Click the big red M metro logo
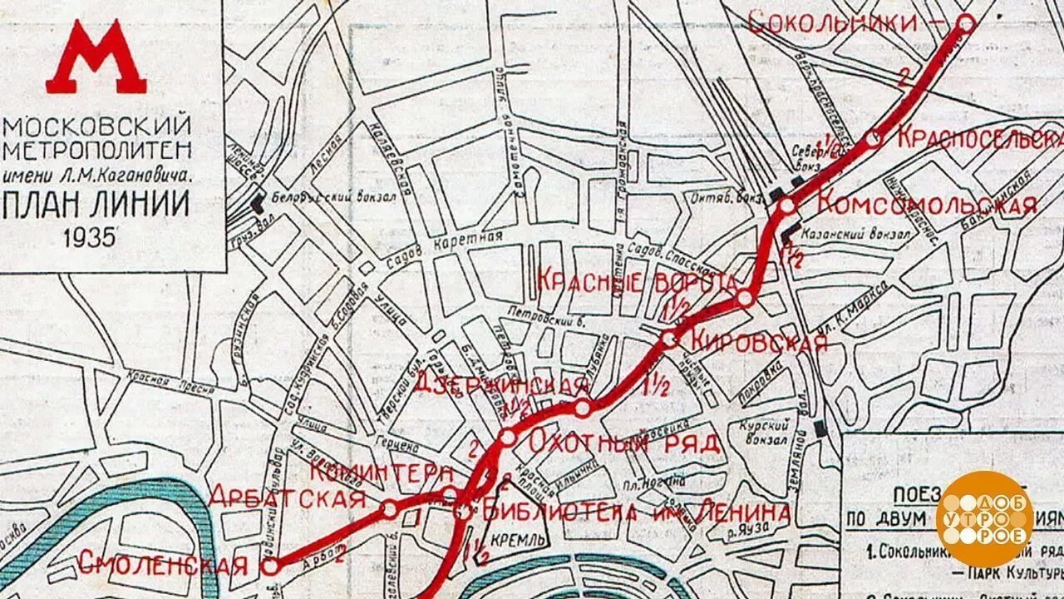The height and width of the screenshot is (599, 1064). tap(96, 58)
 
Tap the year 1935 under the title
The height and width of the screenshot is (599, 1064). tap(89, 237)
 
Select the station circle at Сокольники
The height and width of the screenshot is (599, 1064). tap(966, 24)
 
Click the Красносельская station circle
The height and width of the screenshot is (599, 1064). tap(873, 139)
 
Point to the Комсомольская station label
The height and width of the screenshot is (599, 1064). tap(927, 204)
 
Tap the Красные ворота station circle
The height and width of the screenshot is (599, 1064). tap(746, 298)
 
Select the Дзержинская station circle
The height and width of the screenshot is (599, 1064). tap(583, 408)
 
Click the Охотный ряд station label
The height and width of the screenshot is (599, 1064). tap(623, 442)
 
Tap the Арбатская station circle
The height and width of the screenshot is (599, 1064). tap(389, 508)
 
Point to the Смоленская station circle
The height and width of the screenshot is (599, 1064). tap(271, 566)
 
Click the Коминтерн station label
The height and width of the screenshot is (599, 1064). tap(382, 472)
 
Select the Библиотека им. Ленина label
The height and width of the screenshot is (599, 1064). tap(632, 512)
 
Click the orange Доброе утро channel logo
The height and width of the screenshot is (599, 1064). tap(985, 518)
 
